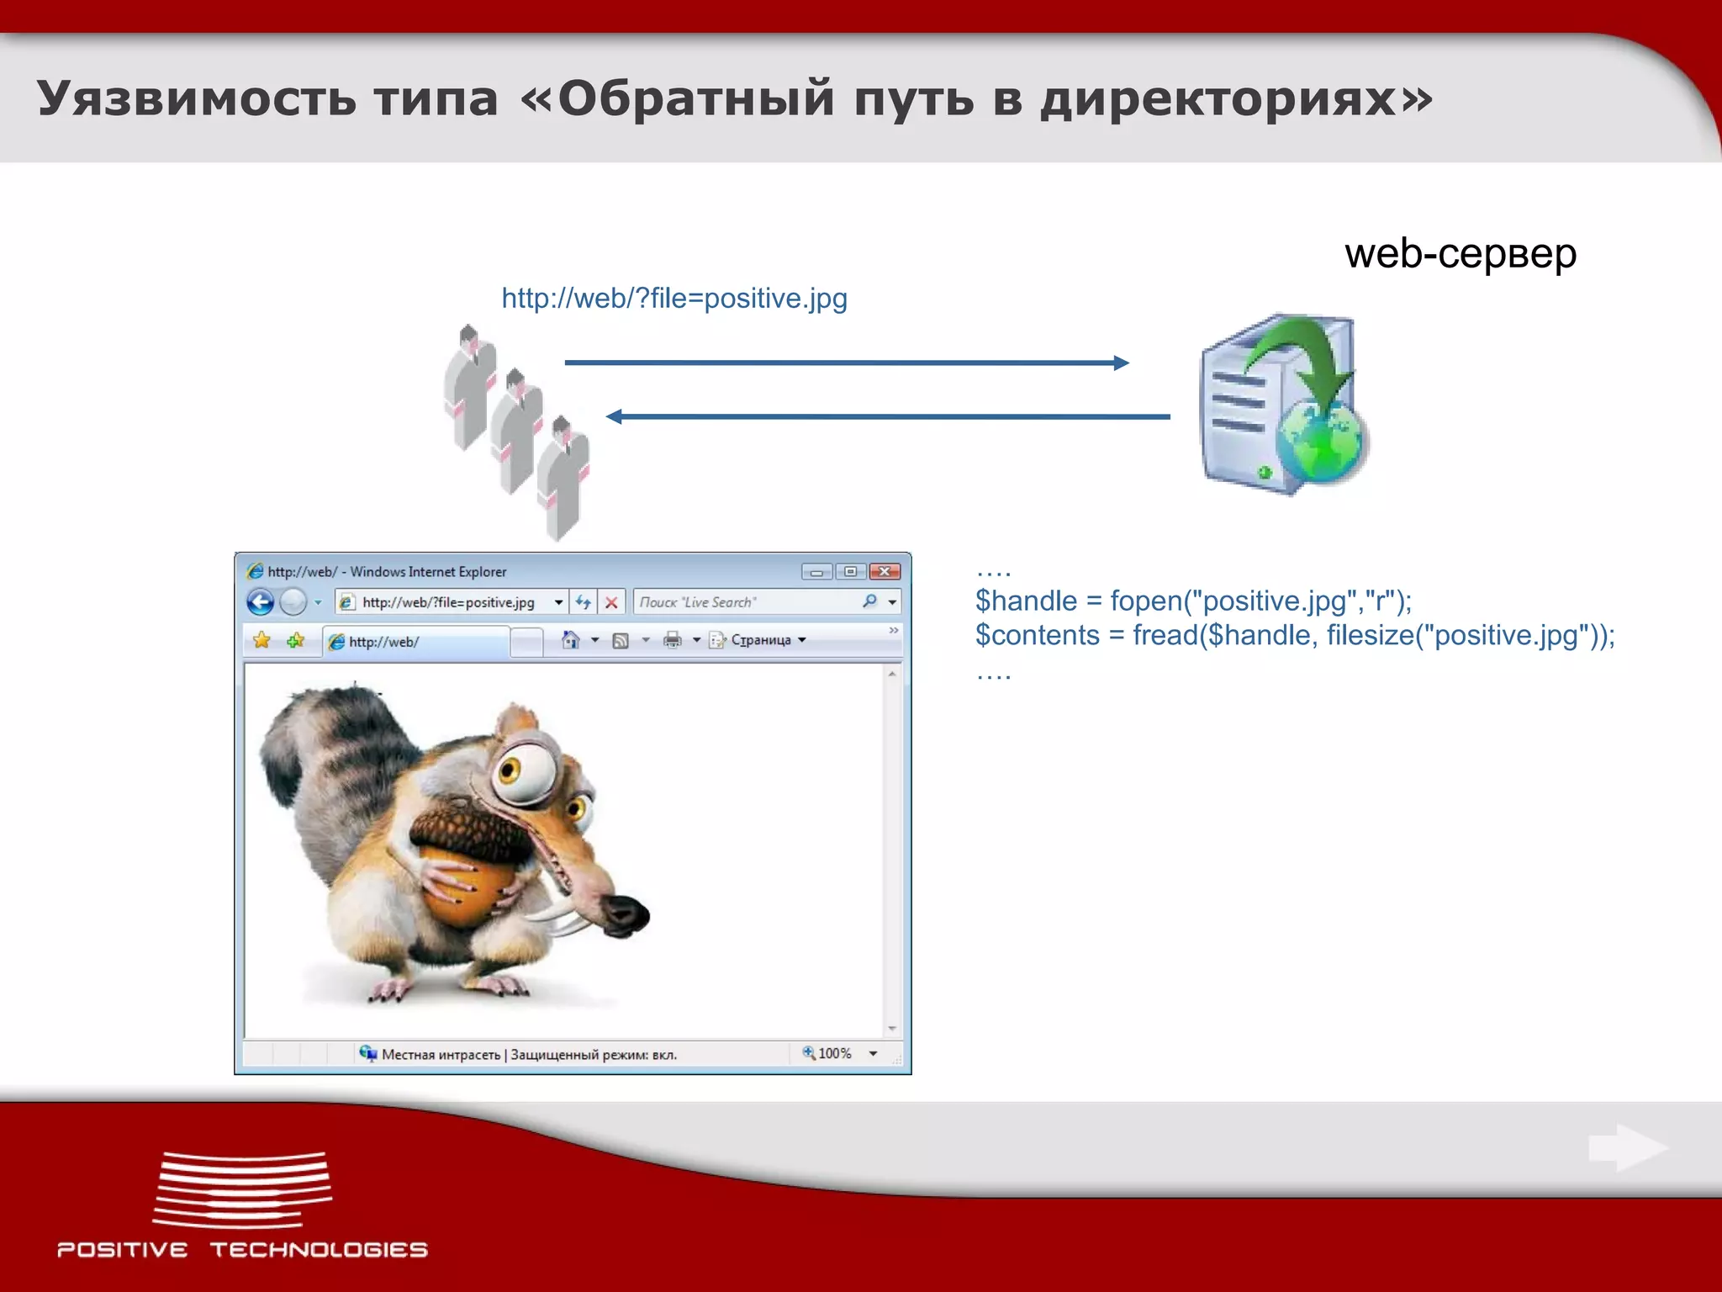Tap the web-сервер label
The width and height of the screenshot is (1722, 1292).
coord(1461,253)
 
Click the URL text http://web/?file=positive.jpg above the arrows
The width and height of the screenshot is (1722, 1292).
coord(674,299)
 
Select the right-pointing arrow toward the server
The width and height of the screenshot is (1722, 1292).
coord(846,363)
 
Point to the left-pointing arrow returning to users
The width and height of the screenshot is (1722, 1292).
coord(888,416)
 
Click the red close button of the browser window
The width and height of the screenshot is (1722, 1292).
coord(885,572)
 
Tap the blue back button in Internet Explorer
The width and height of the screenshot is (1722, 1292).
coord(261,602)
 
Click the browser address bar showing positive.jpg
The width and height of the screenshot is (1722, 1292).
coord(448,602)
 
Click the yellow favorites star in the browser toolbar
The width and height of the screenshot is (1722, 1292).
coord(261,640)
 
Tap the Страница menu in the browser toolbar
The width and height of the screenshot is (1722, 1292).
coord(761,640)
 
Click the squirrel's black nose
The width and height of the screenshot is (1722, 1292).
coord(627,913)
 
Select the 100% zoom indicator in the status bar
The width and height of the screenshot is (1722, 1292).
coord(829,1053)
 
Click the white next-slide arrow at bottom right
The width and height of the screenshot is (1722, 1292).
coord(1627,1147)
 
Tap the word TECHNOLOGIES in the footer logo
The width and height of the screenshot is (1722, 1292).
coord(319,1250)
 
